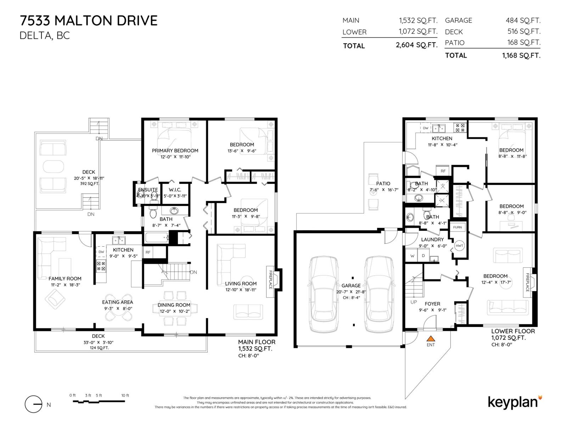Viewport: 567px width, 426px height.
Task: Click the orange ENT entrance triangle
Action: tap(431, 339)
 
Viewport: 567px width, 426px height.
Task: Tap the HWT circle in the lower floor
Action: tap(459, 246)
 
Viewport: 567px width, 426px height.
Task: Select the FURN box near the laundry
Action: tap(457, 227)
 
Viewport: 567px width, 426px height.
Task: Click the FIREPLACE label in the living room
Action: tap(270, 280)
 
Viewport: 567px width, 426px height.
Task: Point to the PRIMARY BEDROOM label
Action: tap(175, 151)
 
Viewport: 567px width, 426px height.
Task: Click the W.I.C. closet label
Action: tap(175, 190)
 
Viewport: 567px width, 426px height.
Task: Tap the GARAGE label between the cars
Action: tap(351, 285)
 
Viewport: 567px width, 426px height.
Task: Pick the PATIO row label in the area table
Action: tap(455, 43)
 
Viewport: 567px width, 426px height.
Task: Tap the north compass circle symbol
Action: tap(34, 404)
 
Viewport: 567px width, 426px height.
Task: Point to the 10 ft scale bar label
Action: tap(125, 395)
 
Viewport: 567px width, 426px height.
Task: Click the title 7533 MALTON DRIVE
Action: tap(89, 21)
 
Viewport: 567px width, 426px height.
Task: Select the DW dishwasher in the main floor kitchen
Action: tap(101, 252)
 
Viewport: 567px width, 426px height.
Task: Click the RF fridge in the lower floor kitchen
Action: tap(443, 171)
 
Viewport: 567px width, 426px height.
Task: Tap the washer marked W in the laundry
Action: tap(412, 256)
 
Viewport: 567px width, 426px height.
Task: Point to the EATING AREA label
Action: tap(118, 302)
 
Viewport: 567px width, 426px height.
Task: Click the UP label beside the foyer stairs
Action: tap(414, 302)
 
